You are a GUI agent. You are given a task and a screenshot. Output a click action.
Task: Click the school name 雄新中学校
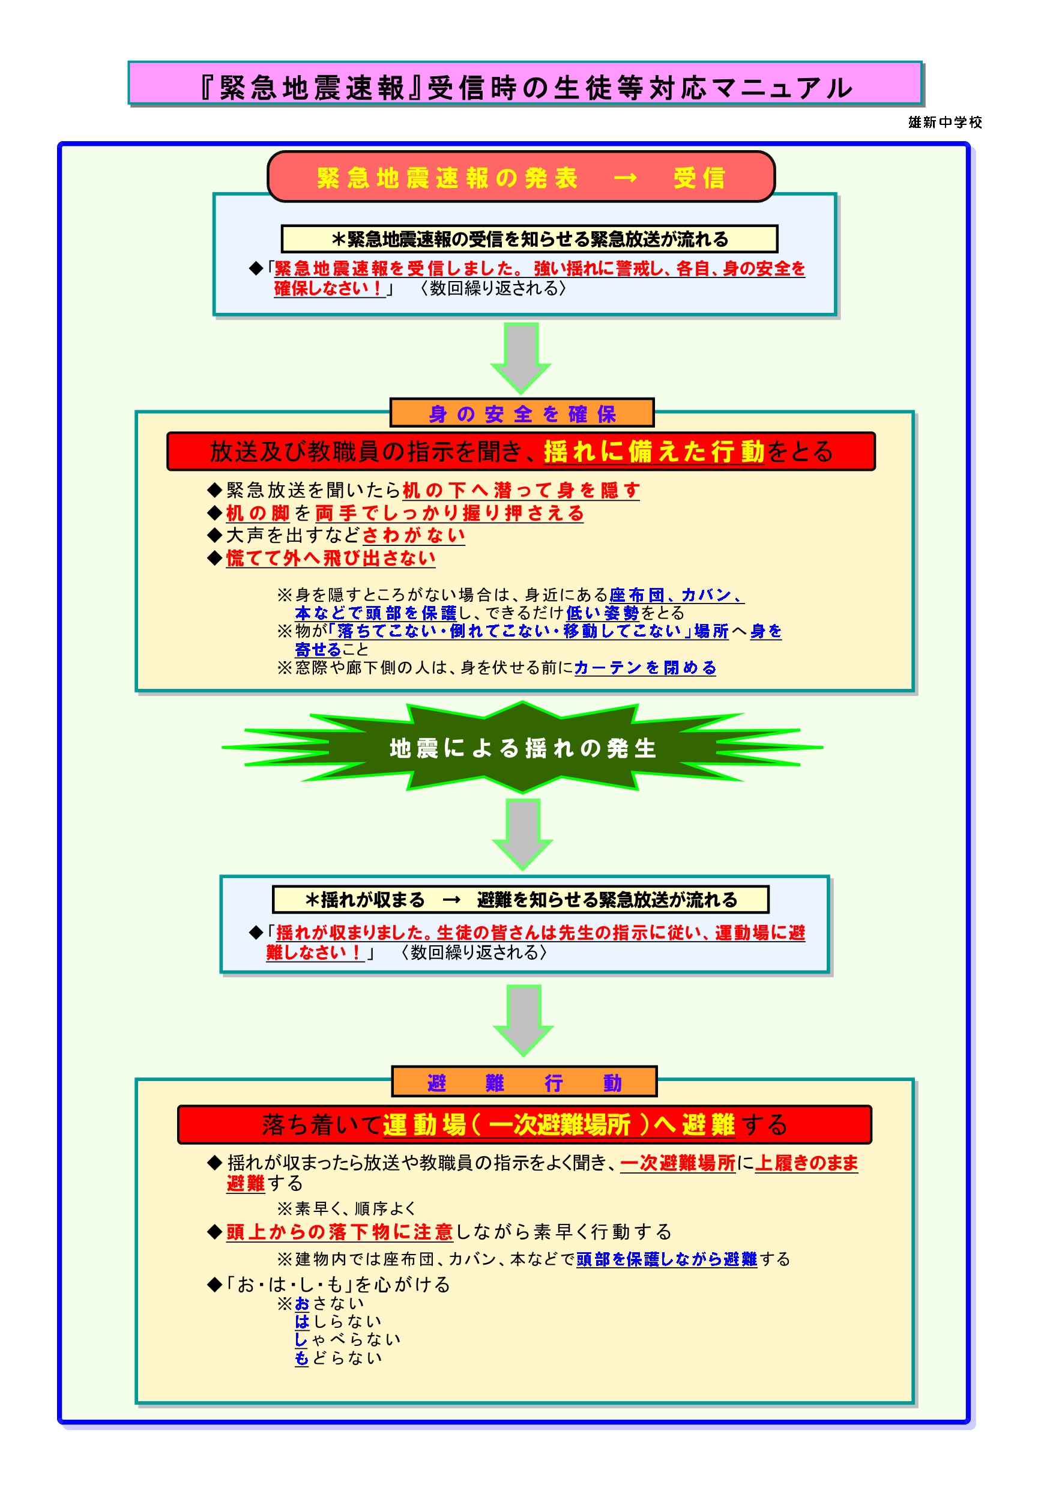(x=945, y=122)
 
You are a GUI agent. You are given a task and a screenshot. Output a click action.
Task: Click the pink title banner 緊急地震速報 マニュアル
(x=525, y=84)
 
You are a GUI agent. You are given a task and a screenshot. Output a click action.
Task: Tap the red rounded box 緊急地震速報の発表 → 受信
(x=521, y=177)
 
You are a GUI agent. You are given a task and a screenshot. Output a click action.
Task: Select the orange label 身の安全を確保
(x=522, y=413)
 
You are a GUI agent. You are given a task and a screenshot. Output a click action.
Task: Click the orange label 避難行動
(x=524, y=1082)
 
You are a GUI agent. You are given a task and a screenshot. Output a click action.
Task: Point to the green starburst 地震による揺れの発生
(x=522, y=748)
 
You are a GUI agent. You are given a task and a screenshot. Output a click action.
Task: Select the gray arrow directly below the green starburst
(x=523, y=832)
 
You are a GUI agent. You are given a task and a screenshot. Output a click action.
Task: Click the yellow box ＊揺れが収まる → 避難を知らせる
(x=520, y=900)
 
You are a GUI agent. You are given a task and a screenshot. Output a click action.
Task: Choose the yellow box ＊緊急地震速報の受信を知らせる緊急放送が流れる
(x=529, y=239)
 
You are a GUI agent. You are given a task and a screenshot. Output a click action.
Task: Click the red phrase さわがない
(x=413, y=535)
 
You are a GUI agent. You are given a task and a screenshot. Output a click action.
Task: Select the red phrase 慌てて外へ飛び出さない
(x=331, y=558)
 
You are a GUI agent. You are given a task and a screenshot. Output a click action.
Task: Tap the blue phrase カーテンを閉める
(x=645, y=667)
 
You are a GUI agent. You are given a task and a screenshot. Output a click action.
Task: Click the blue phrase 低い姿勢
(x=602, y=613)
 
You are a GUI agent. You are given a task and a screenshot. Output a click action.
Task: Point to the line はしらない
(x=338, y=1321)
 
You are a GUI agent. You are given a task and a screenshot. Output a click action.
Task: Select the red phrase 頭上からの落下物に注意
(x=339, y=1231)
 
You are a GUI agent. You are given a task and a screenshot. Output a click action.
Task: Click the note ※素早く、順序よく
(x=346, y=1208)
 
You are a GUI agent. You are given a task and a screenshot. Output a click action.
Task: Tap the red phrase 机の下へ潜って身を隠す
(x=521, y=490)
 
